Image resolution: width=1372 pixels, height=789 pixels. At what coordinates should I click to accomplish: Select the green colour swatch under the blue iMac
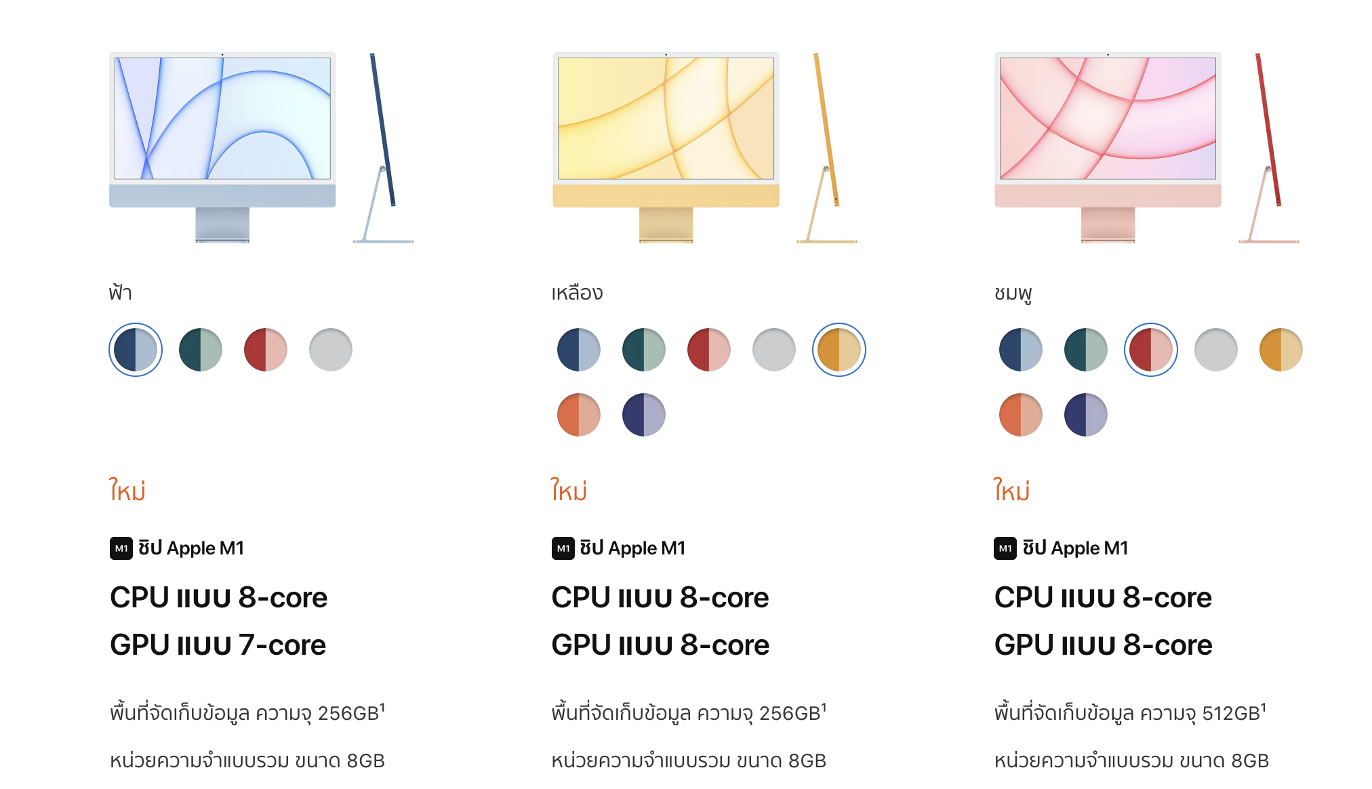click(201, 350)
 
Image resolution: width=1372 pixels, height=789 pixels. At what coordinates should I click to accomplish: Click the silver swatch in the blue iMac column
click(331, 350)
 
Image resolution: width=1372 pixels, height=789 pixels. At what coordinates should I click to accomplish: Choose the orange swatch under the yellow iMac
click(579, 415)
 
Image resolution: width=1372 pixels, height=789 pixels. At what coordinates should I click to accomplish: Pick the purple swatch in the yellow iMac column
click(644, 415)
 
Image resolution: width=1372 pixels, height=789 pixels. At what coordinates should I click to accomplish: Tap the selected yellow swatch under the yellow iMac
click(839, 350)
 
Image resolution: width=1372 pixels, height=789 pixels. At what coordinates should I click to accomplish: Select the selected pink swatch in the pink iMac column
click(1151, 350)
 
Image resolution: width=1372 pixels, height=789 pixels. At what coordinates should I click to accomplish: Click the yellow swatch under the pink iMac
click(1281, 350)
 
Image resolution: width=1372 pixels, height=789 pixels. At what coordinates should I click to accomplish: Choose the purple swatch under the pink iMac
click(1086, 415)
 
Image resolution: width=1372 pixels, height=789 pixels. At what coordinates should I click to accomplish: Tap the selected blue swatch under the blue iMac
click(136, 350)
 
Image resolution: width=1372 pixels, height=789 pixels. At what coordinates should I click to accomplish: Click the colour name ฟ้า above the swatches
click(121, 293)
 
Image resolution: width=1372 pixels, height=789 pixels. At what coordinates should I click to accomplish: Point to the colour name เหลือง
click(577, 293)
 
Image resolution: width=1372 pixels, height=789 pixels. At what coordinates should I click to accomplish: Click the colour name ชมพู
click(1013, 294)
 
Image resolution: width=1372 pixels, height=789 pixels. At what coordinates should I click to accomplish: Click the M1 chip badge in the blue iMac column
click(121, 548)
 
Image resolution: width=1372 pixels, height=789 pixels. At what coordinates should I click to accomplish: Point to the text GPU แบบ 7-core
click(218, 645)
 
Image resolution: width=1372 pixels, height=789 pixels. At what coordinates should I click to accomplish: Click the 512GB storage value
click(1231, 713)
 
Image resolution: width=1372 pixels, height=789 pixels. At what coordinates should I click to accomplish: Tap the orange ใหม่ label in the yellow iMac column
click(569, 489)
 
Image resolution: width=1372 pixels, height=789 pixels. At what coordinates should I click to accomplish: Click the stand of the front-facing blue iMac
click(222, 224)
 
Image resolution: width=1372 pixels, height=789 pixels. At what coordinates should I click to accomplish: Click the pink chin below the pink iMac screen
click(1108, 195)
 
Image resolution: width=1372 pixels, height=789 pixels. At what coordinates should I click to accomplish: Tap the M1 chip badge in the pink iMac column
click(1005, 548)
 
